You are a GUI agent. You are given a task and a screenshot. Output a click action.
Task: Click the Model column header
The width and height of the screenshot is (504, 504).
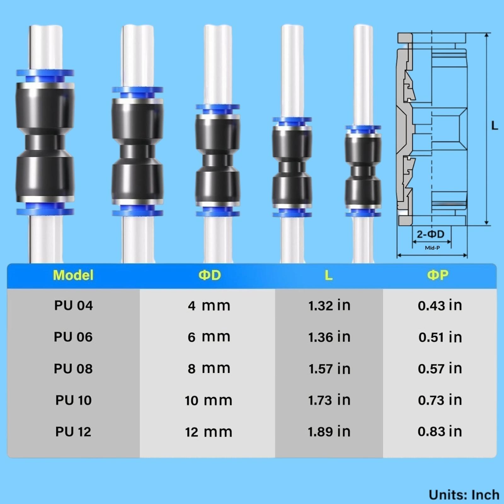tap(73, 275)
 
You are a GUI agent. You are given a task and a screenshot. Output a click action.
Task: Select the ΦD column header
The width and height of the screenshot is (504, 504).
tap(209, 275)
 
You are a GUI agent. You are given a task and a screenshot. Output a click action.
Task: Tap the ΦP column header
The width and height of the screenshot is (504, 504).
tap(438, 275)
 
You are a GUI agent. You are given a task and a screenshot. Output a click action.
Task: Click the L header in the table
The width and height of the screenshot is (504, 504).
tap(329, 275)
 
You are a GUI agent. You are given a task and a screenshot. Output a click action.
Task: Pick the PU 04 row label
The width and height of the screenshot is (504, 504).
tap(73, 306)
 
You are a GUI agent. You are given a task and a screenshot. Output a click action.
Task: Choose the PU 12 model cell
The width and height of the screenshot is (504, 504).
tap(73, 432)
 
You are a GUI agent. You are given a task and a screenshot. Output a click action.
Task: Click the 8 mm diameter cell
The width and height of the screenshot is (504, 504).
tap(209, 369)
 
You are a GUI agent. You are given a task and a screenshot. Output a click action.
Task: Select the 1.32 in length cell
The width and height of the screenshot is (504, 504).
tap(329, 306)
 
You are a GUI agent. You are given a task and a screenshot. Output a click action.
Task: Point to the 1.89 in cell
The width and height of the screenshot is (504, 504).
tap(329, 432)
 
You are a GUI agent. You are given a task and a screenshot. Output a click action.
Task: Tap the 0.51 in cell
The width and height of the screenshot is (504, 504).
tap(440, 337)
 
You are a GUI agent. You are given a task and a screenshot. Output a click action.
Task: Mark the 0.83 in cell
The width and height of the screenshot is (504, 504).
tap(440, 432)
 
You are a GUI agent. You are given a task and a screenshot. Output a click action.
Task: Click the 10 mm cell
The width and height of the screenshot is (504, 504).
tap(209, 400)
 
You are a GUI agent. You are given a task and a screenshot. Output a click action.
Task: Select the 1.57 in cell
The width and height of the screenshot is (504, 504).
tap(329, 369)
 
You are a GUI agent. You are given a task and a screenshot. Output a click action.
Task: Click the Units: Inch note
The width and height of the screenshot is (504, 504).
tap(464, 495)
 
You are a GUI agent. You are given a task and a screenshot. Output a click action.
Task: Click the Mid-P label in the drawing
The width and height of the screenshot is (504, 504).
tap(432, 248)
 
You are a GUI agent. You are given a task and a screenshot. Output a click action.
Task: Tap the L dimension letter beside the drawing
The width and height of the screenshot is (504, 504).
tap(495, 126)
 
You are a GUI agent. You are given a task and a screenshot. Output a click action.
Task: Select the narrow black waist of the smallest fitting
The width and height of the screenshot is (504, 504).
tap(363, 172)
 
